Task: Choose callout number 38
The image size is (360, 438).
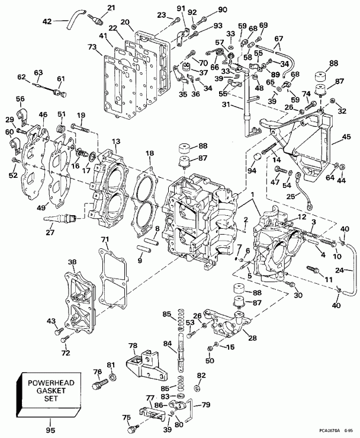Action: pos(72,261)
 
